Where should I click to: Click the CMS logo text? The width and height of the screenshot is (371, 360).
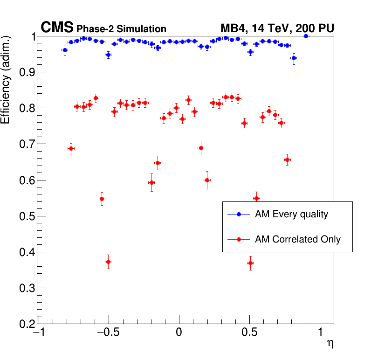57,28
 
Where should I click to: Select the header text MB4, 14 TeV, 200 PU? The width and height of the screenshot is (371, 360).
277,29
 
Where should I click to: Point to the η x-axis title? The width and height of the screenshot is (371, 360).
330,344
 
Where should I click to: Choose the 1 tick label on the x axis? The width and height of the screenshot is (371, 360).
320,333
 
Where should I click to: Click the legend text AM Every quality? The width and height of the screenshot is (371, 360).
291,215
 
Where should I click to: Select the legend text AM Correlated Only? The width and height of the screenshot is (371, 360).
298,239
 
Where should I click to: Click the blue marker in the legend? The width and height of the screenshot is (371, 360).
239,215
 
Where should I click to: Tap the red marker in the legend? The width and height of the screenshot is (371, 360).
239,239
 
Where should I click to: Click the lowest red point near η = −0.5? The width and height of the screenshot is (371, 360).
108,262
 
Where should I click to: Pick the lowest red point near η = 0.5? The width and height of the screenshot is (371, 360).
250,263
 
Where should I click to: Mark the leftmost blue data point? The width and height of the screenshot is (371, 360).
65,50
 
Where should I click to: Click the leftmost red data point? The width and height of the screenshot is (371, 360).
71,149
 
